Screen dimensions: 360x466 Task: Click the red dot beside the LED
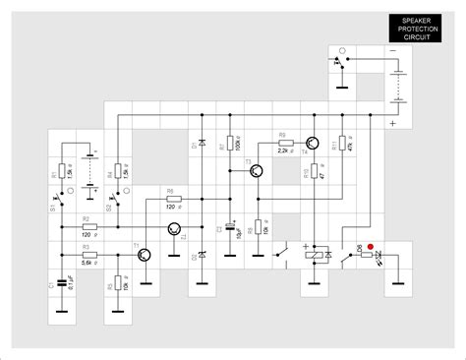point(371,247)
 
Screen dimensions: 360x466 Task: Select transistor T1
point(145,255)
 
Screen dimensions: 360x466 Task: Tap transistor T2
point(174,229)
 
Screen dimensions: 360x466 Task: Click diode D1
point(202,145)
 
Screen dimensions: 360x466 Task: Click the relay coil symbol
point(315,254)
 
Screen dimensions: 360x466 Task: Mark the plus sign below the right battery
point(393,123)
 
